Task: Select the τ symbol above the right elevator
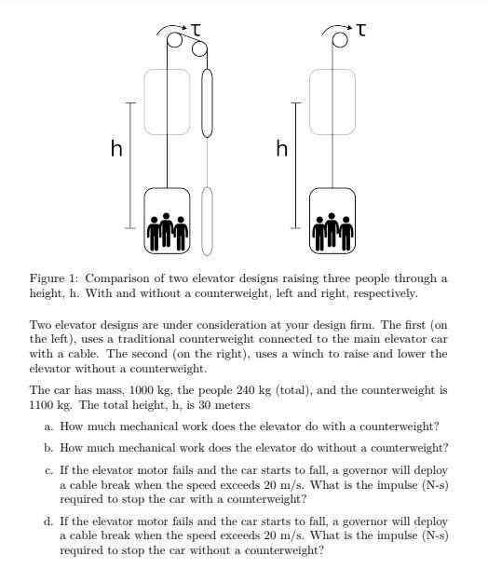[360, 32]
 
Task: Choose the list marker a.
[47, 426]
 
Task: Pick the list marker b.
[47, 448]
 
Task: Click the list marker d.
[47, 522]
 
